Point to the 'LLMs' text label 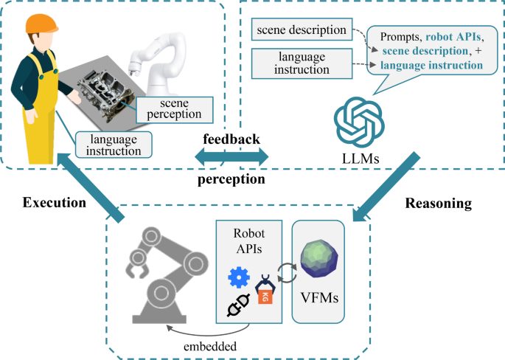click(361, 159)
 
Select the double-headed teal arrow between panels click(231, 156)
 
